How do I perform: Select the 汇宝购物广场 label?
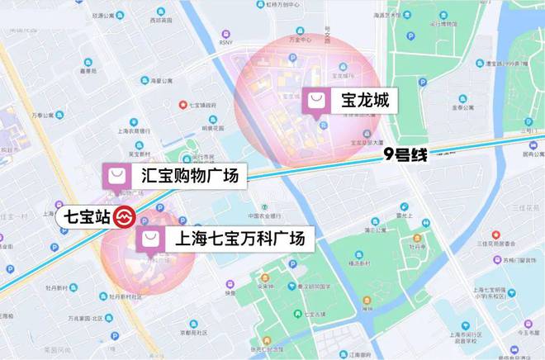[189, 175]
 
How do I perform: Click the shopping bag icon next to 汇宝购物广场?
[116, 175]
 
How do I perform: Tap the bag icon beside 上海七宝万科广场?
[150, 239]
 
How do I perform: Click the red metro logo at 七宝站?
[125, 218]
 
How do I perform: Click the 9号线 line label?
[405, 154]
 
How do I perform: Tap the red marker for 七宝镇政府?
[183, 104]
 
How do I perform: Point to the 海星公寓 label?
[161, 81]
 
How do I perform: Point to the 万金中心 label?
[298, 39]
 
